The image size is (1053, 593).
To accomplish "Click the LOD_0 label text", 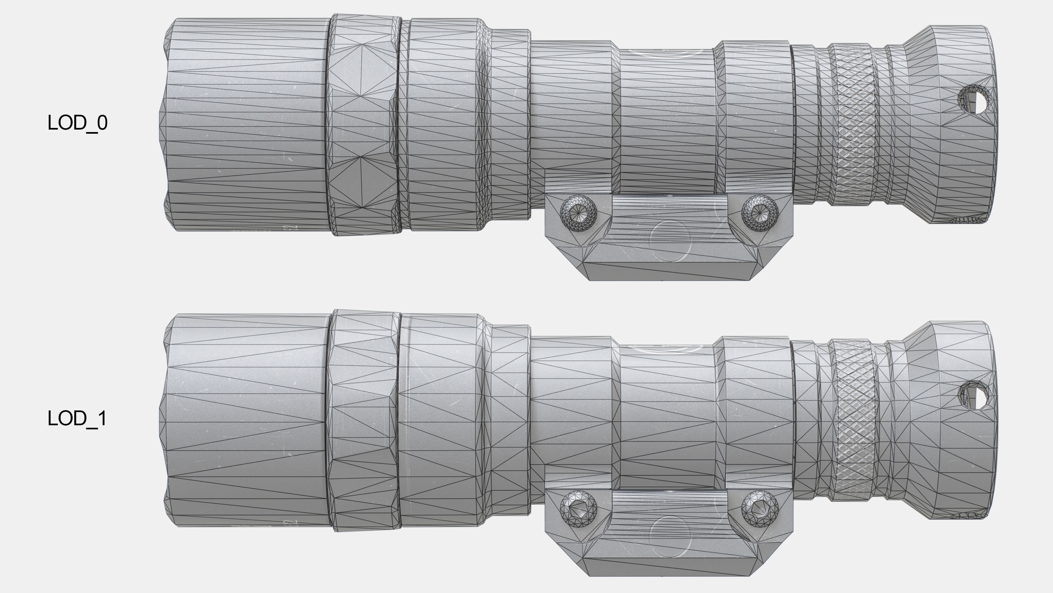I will (77, 123).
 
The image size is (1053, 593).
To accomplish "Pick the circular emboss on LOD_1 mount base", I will (669, 536).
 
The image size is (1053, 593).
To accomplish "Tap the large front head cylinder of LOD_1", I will (245, 421).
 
